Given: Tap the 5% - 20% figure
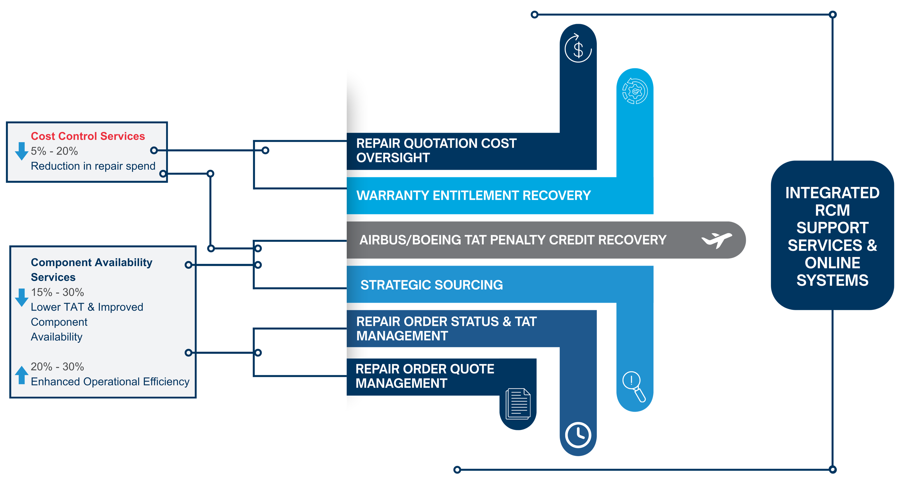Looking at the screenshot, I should [x=54, y=151].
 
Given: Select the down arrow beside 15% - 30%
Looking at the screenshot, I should [x=22, y=297].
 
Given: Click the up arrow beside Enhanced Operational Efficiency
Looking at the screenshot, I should [x=22, y=375].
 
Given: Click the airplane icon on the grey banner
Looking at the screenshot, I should [x=716, y=240].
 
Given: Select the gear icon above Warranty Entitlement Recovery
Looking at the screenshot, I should [x=635, y=91].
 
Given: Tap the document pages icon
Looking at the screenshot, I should [x=518, y=404].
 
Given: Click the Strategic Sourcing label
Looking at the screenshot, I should [x=432, y=285].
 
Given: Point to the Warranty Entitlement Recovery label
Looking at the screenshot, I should [x=473, y=195].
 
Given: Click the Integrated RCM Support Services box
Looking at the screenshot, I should [x=832, y=236].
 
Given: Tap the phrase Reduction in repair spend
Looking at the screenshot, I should [x=93, y=166].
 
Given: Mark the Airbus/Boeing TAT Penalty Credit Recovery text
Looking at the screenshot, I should [x=513, y=240].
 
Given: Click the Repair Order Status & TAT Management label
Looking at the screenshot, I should [x=446, y=329].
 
